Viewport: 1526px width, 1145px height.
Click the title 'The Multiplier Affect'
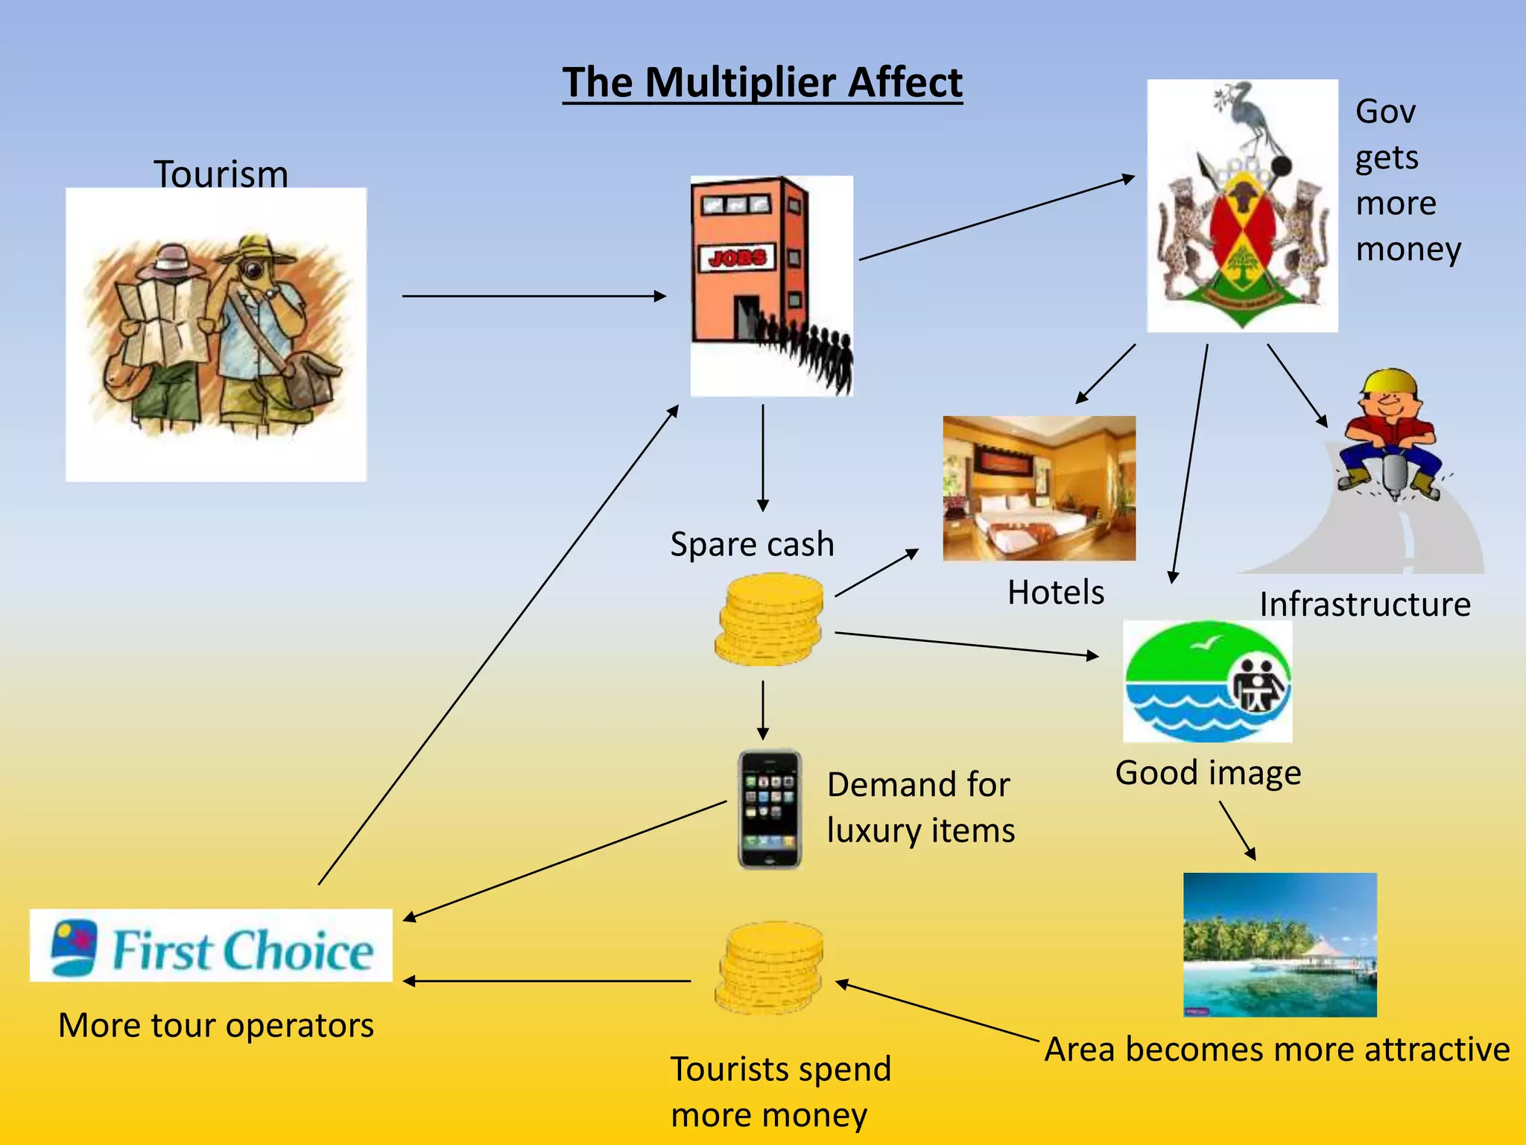762,82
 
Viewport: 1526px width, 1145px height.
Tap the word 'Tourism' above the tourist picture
221,174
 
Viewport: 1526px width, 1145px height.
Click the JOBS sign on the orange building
737,259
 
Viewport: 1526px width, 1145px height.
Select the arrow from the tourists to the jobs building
534,296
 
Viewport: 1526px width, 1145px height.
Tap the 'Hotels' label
1055,593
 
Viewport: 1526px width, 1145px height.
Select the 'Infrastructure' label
1364,604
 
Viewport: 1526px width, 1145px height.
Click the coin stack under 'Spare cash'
770,619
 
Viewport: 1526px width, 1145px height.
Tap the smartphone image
770,809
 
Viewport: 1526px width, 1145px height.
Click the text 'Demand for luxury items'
920,807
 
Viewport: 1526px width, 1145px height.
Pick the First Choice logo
211,945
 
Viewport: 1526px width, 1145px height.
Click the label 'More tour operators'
216,1025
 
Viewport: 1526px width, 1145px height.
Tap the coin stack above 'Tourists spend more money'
770,968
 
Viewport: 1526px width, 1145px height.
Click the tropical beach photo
1279,944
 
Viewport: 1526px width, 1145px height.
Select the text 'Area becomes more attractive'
1276,1050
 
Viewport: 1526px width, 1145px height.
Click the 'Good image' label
1208,772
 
